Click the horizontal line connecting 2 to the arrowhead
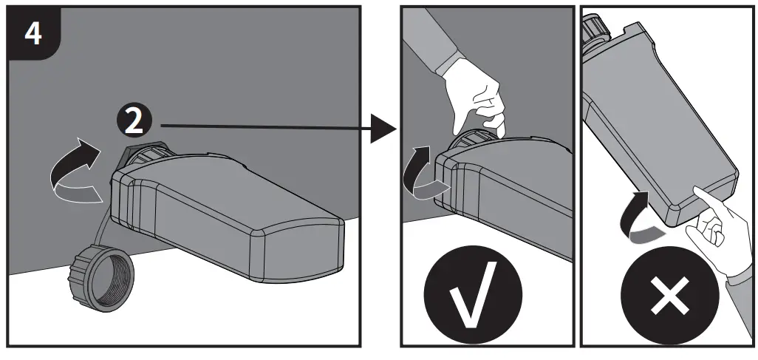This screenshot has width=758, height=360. pos(259,127)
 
